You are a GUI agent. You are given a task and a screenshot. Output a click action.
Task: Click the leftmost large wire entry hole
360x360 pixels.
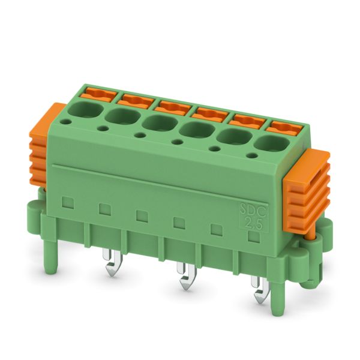coord(85,109)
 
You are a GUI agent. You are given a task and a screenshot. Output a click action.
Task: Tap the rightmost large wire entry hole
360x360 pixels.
coord(272,144)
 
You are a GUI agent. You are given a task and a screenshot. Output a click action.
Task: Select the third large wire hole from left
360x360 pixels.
coord(160,123)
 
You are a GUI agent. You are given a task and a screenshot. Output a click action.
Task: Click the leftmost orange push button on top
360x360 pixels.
coord(99,94)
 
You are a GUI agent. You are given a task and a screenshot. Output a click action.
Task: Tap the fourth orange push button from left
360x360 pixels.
coord(210,115)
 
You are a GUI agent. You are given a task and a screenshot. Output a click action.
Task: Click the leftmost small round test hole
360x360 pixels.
coord(66,122)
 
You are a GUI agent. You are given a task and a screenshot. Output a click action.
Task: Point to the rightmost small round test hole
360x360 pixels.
coord(252,155)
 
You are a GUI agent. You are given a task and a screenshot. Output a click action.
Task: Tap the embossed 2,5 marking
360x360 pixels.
coord(253,223)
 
